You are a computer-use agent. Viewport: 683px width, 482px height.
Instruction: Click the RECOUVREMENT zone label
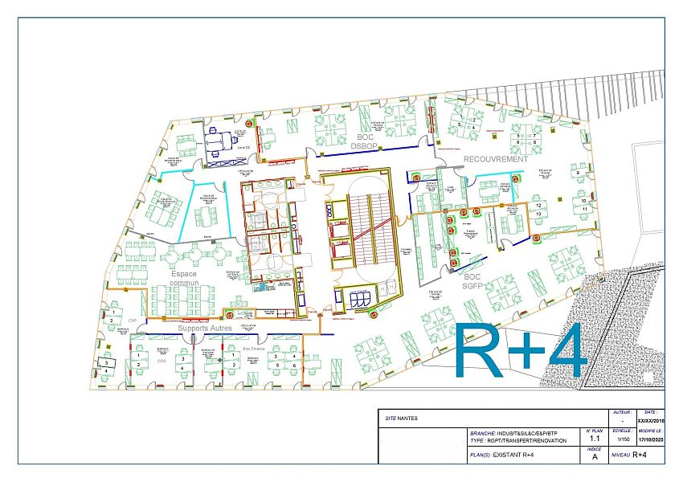496,159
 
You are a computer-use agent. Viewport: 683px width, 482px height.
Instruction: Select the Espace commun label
184,279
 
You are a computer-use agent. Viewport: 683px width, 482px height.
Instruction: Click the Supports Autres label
205,329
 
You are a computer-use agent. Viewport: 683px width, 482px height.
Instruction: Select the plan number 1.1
595,439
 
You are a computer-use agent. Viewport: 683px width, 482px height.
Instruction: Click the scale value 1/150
622,439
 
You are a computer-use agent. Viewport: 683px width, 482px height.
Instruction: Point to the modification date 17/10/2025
652,439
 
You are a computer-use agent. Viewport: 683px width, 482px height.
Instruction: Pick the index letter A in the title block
595,456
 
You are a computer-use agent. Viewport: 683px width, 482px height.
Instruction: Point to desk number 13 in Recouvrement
540,214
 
